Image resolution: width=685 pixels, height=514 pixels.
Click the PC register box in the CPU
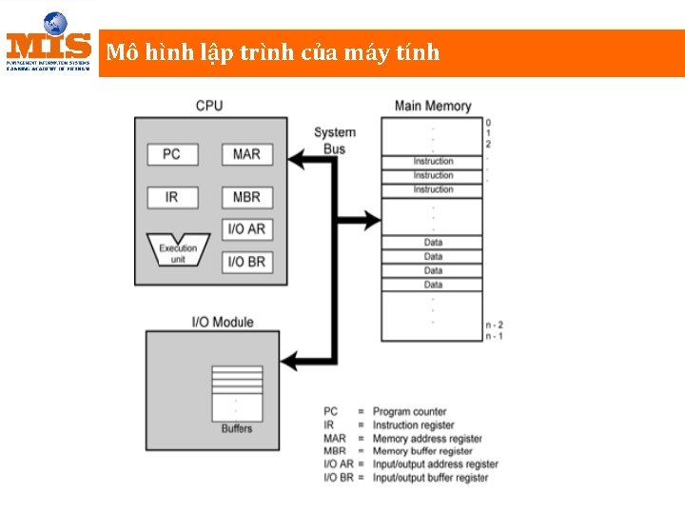(171, 153)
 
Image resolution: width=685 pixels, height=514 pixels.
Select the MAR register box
(246, 153)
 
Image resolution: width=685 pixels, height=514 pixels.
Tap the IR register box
(171, 197)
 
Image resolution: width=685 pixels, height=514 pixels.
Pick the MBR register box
(246, 197)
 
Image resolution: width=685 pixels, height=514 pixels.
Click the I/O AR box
(246, 229)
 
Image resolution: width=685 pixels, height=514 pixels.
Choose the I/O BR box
(246, 261)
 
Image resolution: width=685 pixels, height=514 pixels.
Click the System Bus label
(335, 140)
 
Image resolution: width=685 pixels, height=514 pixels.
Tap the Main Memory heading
(433, 106)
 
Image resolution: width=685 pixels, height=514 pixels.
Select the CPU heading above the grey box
(209, 105)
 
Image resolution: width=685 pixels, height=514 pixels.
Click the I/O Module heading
(223, 322)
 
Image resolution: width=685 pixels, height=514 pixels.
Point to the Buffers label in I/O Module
(237, 428)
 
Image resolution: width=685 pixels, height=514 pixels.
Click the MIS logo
(49, 43)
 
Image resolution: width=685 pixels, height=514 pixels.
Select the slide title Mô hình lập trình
(273, 52)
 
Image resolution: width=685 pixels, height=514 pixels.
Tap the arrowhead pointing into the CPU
(298, 162)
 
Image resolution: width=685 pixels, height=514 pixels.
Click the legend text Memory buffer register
(422, 451)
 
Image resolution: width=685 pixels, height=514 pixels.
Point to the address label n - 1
(494, 336)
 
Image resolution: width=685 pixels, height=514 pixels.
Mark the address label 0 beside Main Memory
(488, 122)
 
